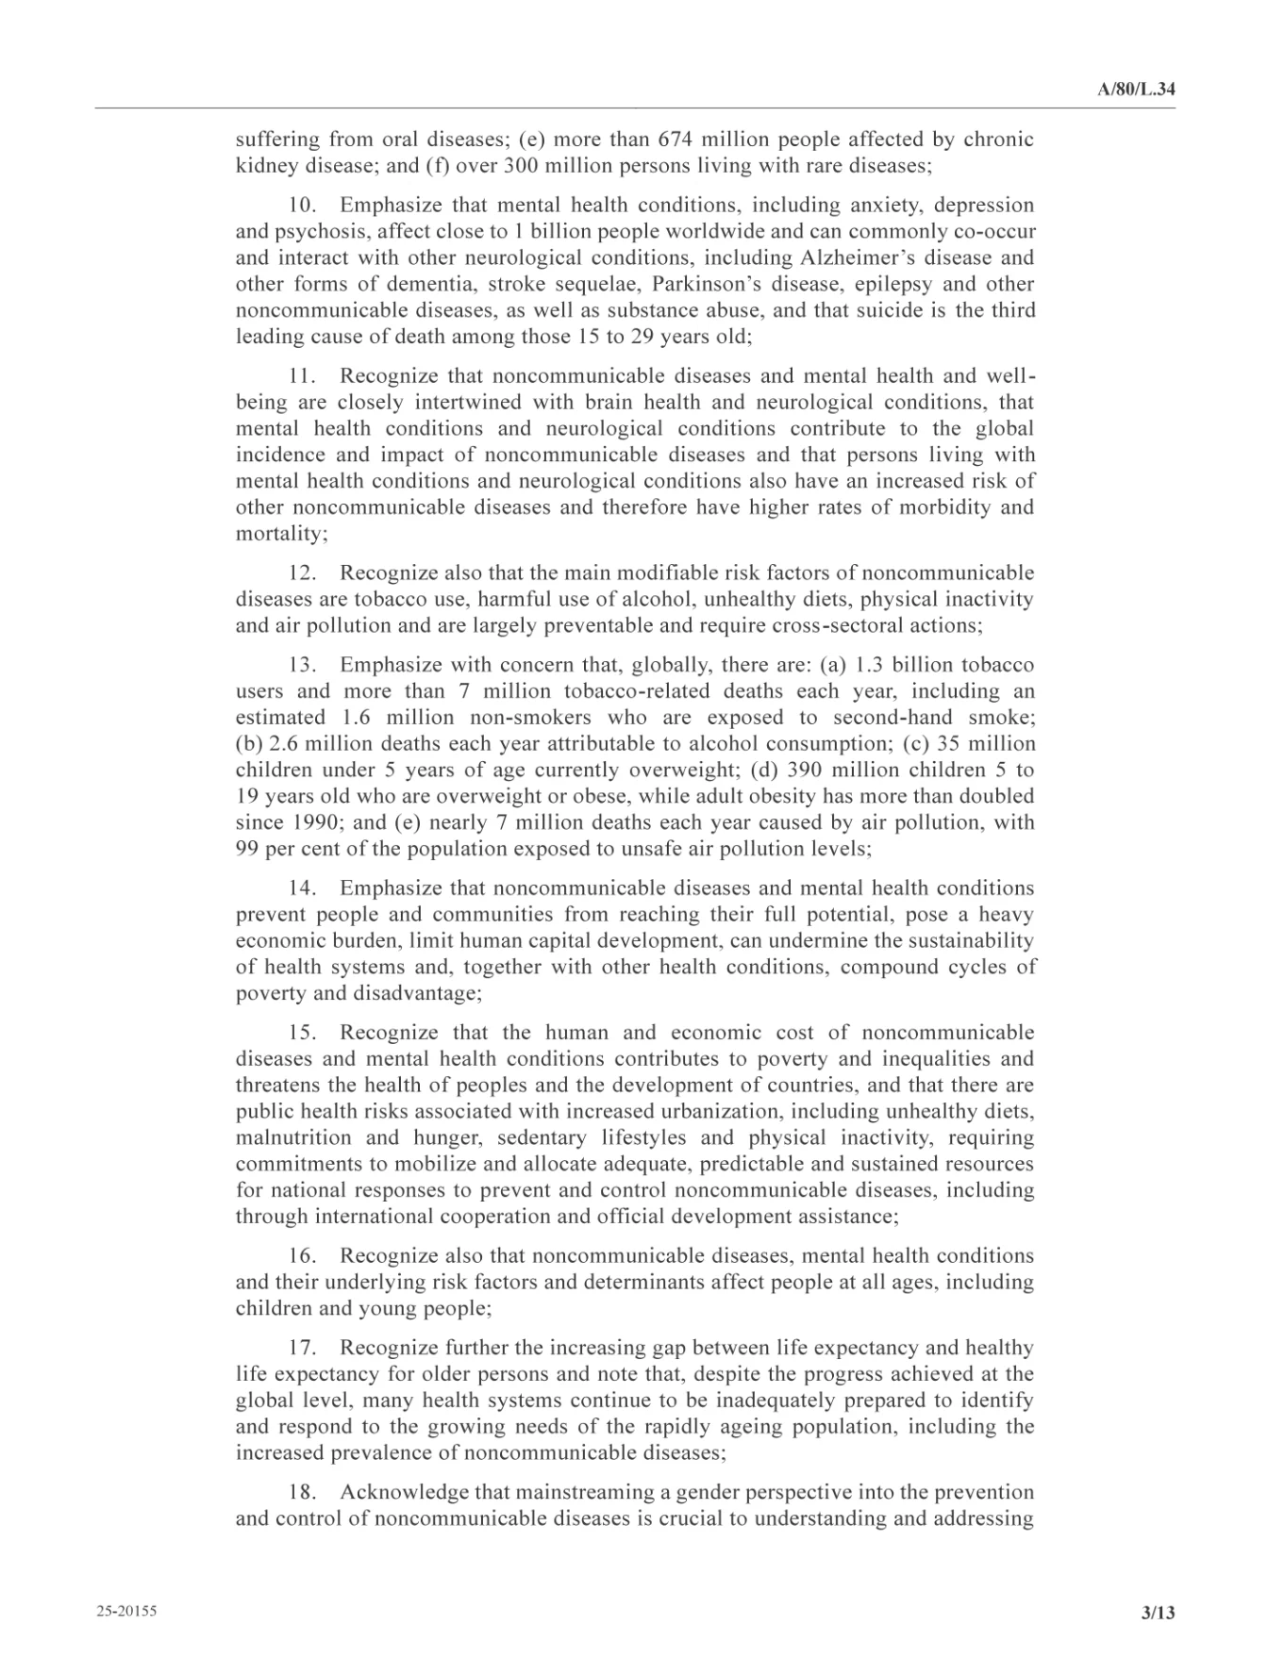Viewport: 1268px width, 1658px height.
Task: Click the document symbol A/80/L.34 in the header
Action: (x=1136, y=90)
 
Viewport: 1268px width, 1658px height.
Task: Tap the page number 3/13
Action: (x=1158, y=1613)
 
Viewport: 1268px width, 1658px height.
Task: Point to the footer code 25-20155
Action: (x=125, y=1611)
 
